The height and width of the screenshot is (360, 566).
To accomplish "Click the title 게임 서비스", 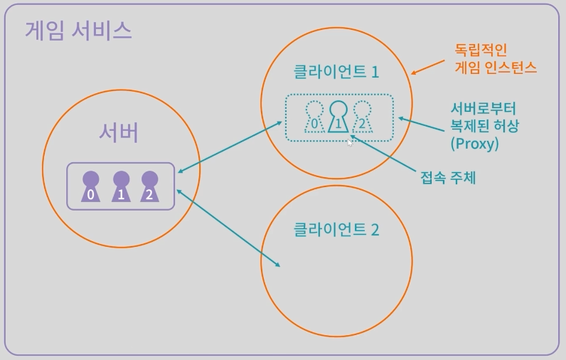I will (78, 30).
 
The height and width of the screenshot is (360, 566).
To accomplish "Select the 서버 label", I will (118, 132).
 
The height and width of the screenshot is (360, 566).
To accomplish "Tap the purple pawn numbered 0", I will (90, 187).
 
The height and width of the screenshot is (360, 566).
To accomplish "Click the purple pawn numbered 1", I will (121, 187).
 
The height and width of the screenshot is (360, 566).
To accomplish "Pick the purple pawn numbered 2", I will (149, 187).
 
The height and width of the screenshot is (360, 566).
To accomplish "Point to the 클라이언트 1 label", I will (336, 72).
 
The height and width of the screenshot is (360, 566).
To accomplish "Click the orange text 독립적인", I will (483, 51).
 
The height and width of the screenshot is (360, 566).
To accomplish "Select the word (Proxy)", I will (475, 143).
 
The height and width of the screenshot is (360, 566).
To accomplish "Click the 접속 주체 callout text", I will (448, 177).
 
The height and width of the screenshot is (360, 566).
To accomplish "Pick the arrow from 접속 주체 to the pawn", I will (383, 153).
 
